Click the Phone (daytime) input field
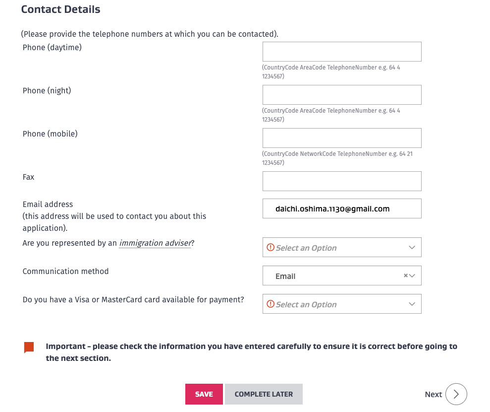(342, 52)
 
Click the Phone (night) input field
(342, 95)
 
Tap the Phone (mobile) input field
(342, 138)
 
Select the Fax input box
(342, 181)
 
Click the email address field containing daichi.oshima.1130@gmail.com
(342, 209)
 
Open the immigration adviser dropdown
(342, 247)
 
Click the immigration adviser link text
(155, 243)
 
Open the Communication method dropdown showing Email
(337, 276)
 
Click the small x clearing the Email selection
(406, 275)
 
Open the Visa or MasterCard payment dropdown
(342, 304)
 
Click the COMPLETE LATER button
(264, 394)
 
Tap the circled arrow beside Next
(456, 394)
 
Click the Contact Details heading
(60, 9)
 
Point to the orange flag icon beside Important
(29, 347)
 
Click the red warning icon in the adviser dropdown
(271, 247)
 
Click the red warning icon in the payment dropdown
(271, 304)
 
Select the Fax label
(29, 177)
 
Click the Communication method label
(65, 272)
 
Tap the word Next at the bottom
(433, 394)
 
